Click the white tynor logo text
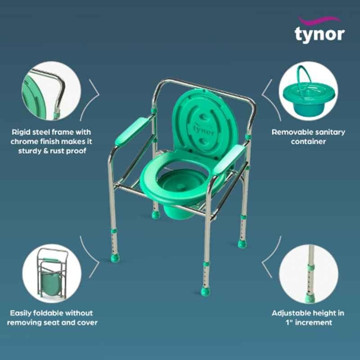point(319,35)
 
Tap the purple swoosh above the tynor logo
point(319,21)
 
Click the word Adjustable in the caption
point(290,313)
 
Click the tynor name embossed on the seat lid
point(203,130)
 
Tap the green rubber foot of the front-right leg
point(205,291)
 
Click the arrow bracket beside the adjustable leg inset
point(271,256)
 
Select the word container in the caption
point(308,141)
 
